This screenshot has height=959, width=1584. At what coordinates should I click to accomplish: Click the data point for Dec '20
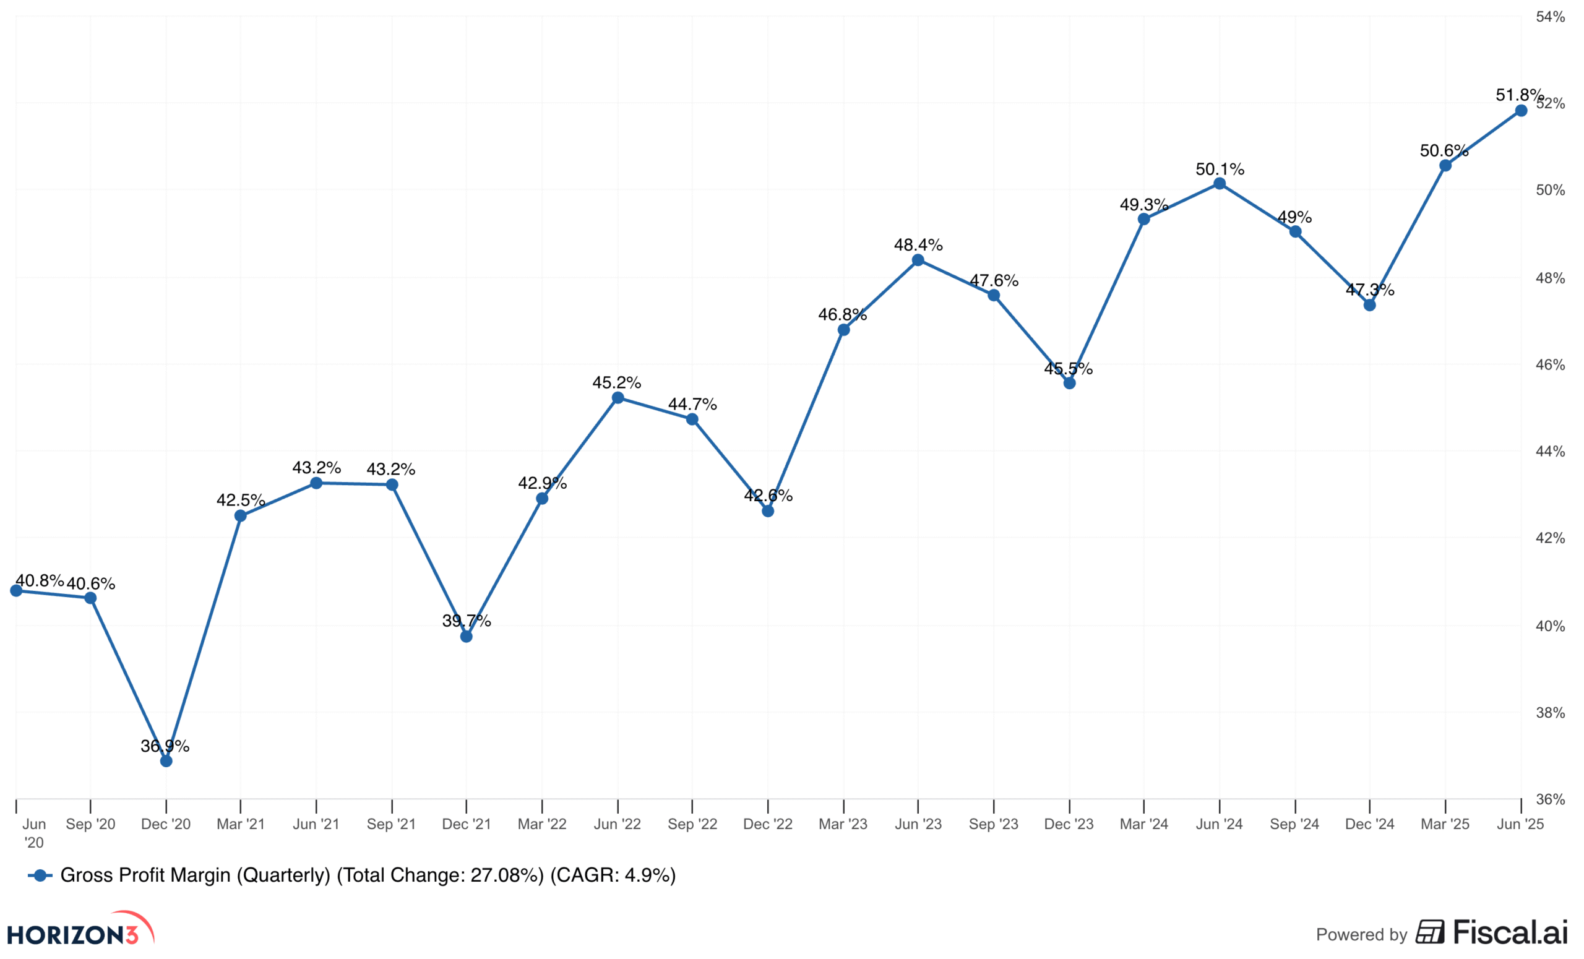166,761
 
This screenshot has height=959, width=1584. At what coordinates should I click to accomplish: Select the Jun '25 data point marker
1521,111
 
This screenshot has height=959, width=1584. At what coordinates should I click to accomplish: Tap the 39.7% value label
466,621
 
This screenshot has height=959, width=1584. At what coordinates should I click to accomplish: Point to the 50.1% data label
1220,169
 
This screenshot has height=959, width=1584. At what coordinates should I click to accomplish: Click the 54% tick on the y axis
1550,17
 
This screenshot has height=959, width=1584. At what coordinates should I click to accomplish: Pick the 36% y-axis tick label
1550,799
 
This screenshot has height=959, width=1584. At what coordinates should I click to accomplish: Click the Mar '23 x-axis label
843,824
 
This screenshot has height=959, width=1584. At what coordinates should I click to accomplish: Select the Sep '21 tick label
391,824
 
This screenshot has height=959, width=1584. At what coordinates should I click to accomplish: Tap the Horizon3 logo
80,930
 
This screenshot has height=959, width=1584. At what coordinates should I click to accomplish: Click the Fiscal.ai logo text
1510,932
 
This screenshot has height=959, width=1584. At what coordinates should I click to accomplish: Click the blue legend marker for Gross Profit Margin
40,875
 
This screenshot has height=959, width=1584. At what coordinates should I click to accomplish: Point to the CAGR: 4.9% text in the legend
613,875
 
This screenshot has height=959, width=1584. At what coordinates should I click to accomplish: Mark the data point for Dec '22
768,511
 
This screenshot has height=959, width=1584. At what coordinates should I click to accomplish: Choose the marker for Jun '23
918,260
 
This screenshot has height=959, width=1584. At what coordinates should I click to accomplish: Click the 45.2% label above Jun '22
616,382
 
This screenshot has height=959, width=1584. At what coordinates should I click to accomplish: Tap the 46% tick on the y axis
1550,365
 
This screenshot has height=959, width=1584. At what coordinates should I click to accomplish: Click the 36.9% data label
165,746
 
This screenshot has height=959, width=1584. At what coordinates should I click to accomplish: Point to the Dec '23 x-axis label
1069,824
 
